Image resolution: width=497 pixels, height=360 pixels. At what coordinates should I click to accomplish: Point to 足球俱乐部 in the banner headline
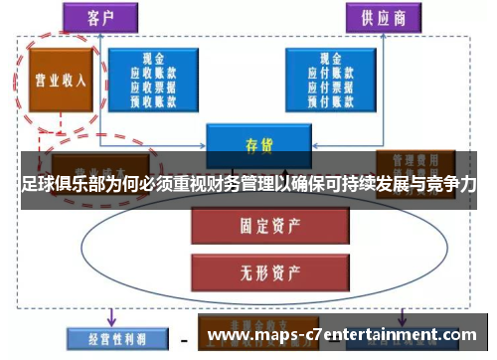59,186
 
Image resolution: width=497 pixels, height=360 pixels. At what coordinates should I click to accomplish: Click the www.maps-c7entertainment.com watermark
348,334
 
